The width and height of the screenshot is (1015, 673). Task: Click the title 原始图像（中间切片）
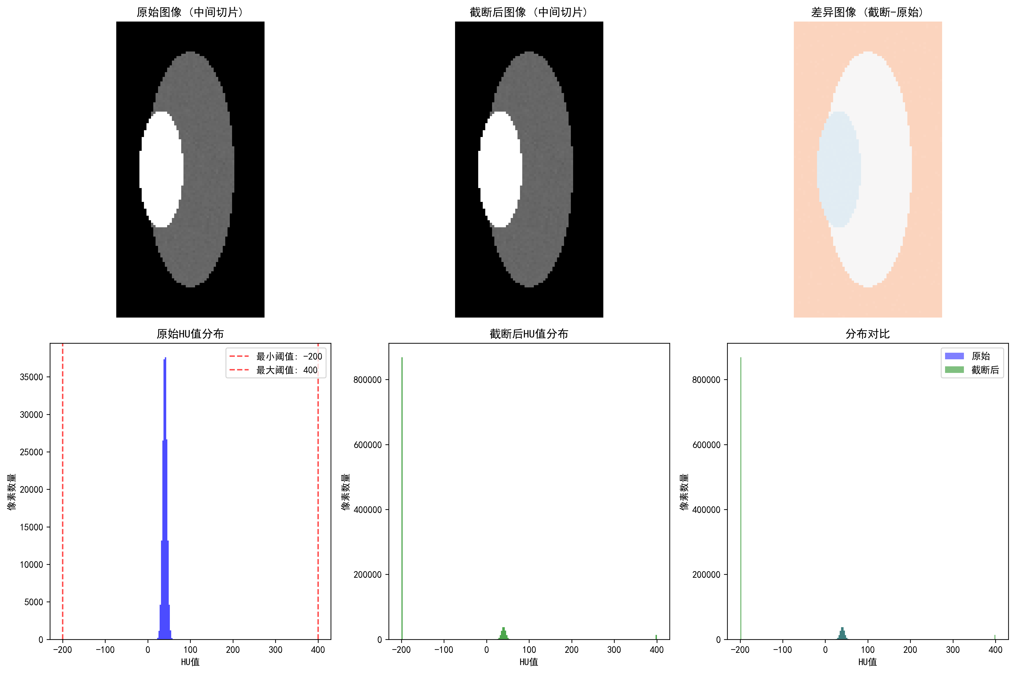190,12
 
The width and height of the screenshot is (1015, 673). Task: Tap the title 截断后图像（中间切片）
529,12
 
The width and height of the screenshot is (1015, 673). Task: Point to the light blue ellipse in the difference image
839,169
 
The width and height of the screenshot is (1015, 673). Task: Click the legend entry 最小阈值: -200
275,356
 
